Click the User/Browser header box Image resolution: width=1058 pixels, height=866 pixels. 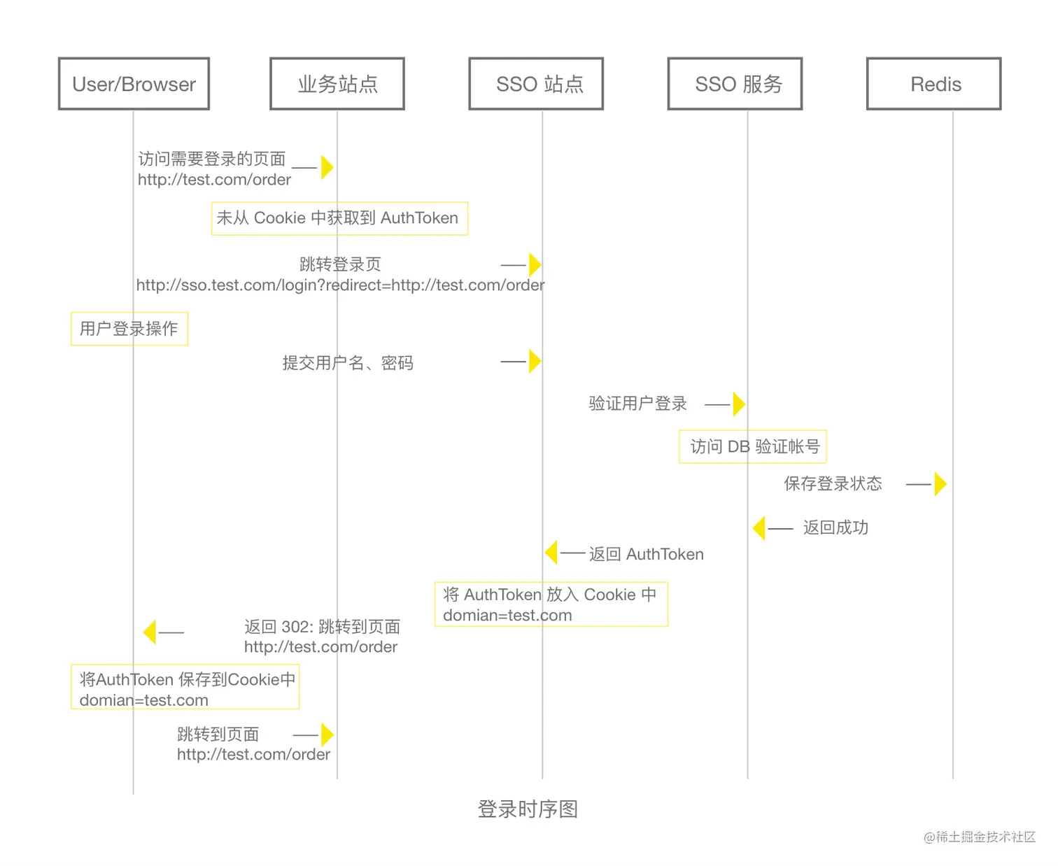[x=134, y=84]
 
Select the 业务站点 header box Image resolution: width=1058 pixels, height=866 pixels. [x=337, y=84]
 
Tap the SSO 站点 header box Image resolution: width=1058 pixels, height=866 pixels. [x=536, y=84]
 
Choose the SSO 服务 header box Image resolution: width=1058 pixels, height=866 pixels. [x=735, y=84]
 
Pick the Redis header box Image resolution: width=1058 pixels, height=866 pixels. [x=933, y=84]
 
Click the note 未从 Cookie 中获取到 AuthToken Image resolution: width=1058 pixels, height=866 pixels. [x=339, y=218]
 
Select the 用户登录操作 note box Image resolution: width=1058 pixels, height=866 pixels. [x=129, y=329]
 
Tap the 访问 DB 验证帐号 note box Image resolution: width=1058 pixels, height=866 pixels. [x=753, y=446]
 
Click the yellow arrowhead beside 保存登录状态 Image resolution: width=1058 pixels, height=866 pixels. [x=940, y=484]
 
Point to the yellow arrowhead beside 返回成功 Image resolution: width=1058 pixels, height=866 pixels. [x=759, y=528]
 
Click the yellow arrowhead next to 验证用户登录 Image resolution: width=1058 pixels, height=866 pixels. [x=738, y=404]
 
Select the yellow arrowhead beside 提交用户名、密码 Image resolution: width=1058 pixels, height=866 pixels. [x=535, y=362]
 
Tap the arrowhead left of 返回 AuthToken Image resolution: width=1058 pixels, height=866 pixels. [x=551, y=553]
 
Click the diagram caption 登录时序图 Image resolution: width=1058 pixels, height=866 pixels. [x=528, y=809]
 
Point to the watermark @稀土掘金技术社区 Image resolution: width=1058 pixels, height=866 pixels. [x=979, y=837]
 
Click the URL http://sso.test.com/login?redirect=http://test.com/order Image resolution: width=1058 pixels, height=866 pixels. [x=340, y=285]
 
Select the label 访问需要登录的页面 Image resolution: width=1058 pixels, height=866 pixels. [x=211, y=159]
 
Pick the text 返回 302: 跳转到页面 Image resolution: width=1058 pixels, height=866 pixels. [x=322, y=627]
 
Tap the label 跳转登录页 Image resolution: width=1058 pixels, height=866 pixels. [x=340, y=264]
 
